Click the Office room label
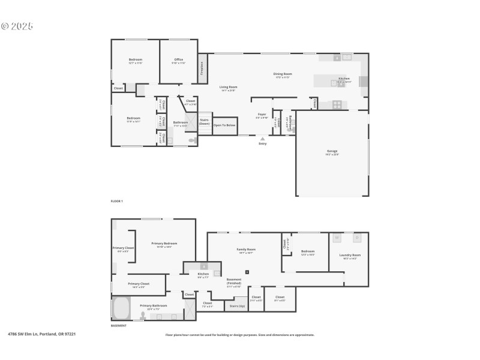click(179, 59)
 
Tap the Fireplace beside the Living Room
click(202, 68)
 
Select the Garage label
click(332, 151)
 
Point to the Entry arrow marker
click(262, 139)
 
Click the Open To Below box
click(225, 125)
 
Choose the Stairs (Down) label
click(205, 121)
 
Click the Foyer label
click(262, 114)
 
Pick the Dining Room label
click(282, 74)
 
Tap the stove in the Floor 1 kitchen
click(337, 104)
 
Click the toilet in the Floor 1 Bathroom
click(192, 140)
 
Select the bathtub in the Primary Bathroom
click(121, 309)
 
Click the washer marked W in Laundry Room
click(337, 238)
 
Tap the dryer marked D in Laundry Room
click(357, 238)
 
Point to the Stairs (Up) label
click(237, 306)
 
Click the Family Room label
click(247, 250)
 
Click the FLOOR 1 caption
click(116, 201)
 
